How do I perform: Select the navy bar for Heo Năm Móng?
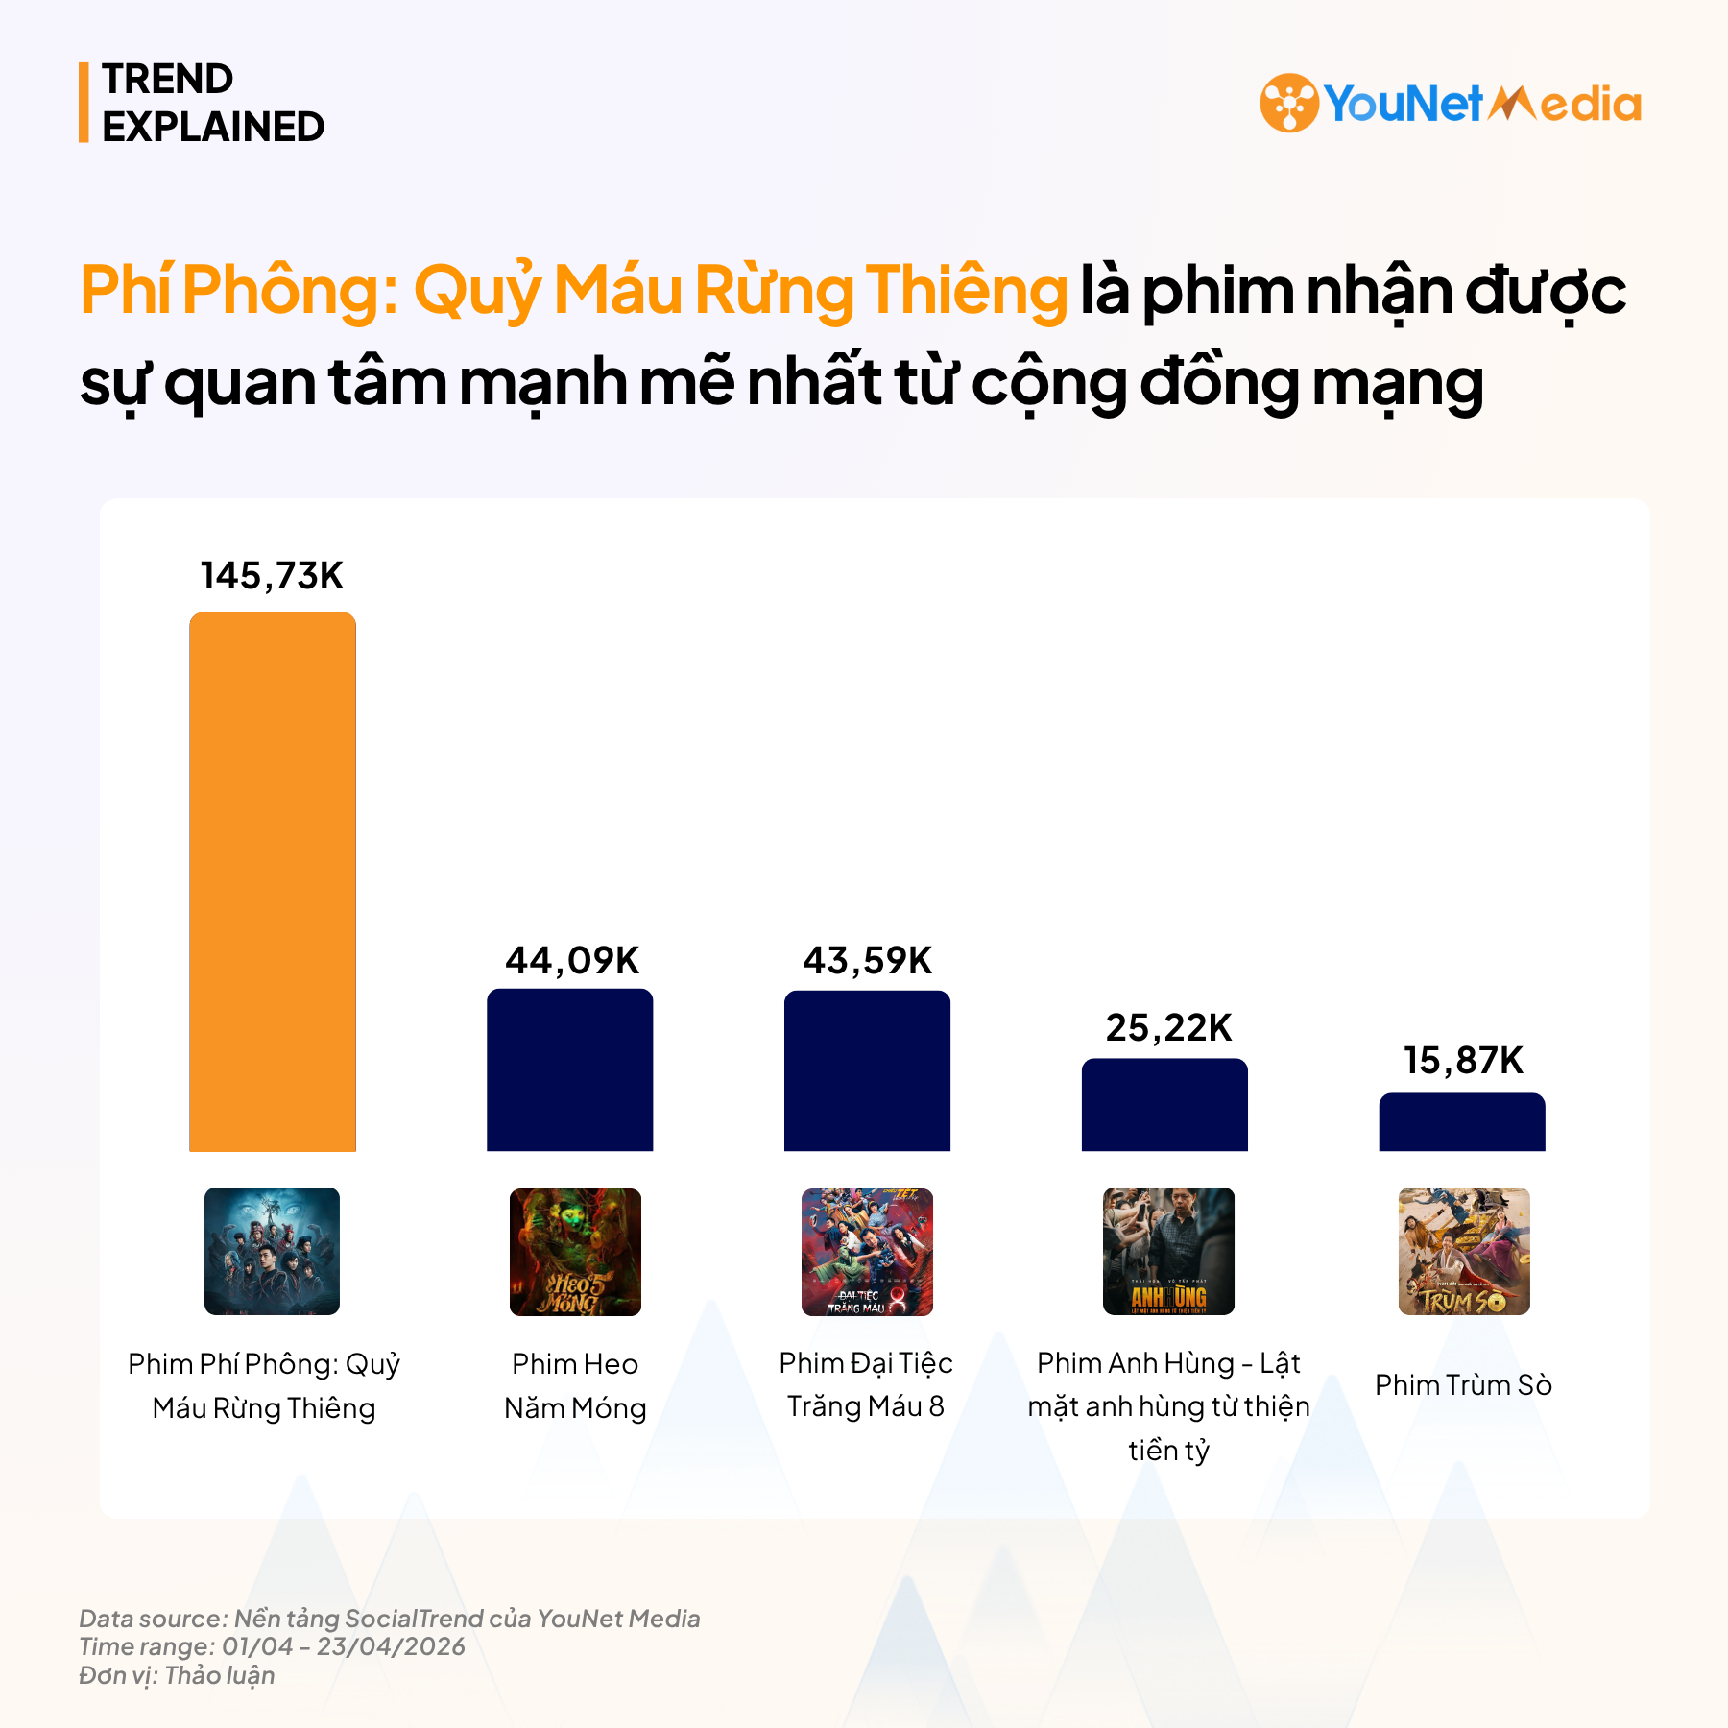570,1069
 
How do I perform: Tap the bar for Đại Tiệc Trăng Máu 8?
867,1070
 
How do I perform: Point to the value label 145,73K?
272,576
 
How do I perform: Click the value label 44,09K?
572,960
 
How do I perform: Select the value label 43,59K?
867,960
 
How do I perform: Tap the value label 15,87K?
1463,1061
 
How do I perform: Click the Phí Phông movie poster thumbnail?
272,1251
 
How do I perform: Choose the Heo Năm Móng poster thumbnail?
575,1252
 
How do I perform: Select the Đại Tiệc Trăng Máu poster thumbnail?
867,1252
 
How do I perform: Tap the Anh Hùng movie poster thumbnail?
1168,1251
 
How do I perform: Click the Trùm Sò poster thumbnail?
1464,1251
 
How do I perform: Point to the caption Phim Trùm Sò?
1463,1385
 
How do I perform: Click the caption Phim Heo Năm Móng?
575,1385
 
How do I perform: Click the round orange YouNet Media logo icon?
1288,103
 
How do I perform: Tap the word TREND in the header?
168,79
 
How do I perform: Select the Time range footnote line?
272,1646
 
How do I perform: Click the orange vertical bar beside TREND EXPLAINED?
84,103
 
